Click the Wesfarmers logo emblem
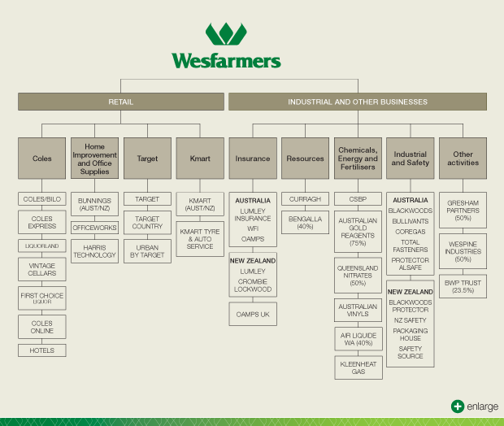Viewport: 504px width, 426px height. click(226, 34)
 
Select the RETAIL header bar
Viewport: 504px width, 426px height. click(121, 102)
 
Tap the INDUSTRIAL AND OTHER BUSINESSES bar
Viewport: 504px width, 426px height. click(358, 102)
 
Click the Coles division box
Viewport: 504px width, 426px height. click(42, 159)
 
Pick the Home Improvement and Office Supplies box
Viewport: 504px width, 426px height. click(95, 159)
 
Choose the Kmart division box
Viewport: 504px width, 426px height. click(200, 159)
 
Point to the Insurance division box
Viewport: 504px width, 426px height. click(253, 159)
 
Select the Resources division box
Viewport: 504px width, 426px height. click(305, 159)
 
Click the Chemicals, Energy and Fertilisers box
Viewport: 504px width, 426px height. click(358, 159)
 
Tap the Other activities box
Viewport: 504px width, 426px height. click(463, 159)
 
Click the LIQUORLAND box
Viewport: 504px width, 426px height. click(42, 246)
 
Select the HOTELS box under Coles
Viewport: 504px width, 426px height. click(42, 350)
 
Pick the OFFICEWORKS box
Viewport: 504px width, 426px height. click(95, 228)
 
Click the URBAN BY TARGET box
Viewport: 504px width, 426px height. click(147, 250)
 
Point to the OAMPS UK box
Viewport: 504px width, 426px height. click(253, 314)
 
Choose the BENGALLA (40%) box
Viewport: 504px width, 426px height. click(305, 223)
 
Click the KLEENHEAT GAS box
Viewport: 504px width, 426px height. click(358, 367)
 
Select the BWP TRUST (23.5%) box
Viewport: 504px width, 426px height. click(463, 287)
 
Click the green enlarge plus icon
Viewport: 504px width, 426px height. click(458, 406)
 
